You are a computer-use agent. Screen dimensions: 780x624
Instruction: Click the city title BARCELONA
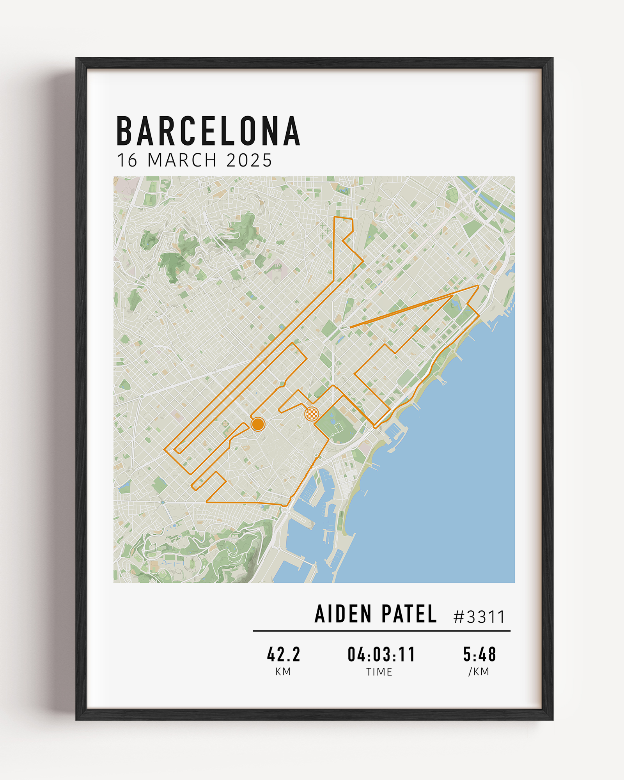click(208, 131)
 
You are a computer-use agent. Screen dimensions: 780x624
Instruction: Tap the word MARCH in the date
click(182, 160)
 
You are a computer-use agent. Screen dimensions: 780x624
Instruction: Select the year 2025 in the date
click(249, 160)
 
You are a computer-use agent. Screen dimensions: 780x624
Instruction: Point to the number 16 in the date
click(127, 160)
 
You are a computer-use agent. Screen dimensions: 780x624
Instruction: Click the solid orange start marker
click(258, 424)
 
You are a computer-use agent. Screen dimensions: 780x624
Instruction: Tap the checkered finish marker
click(311, 413)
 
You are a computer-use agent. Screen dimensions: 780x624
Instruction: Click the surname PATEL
click(409, 614)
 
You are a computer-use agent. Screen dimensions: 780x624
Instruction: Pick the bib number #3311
click(479, 617)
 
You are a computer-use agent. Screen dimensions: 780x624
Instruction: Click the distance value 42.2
click(284, 654)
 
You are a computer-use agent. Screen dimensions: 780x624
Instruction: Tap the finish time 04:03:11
click(381, 654)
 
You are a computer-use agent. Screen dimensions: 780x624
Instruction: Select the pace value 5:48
click(479, 654)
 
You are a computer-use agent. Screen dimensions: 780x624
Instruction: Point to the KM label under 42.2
click(283, 672)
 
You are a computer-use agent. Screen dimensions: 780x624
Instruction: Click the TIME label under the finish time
click(379, 672)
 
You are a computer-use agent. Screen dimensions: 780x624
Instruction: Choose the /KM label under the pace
click(479, 672)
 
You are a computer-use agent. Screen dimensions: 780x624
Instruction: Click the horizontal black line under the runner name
click(381, 631)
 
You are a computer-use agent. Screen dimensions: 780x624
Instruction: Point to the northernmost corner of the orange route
click(335, 217)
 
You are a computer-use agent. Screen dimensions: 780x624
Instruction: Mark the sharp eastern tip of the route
click(478, 286)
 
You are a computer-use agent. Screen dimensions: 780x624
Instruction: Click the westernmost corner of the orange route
click(165, 449)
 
